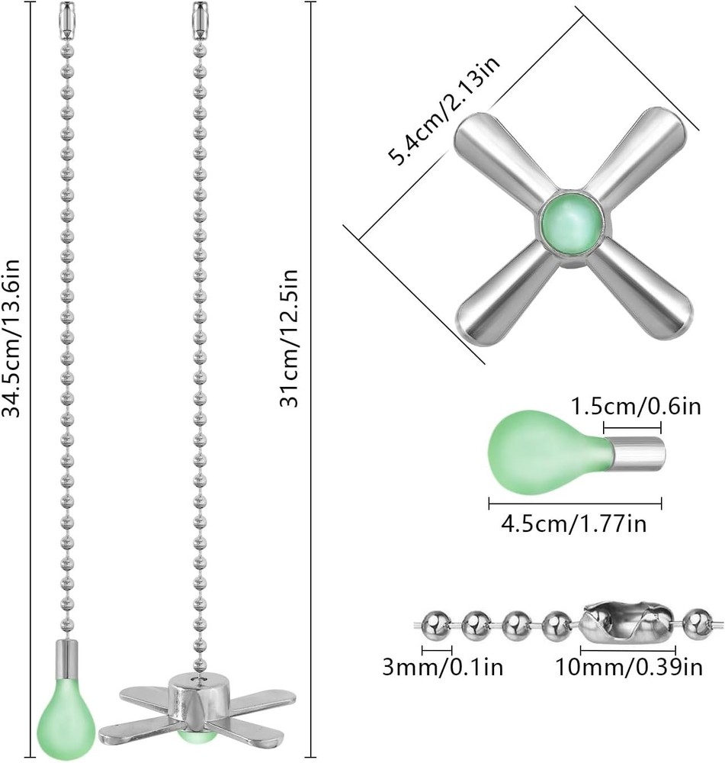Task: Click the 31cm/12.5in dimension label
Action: tap(291, 337)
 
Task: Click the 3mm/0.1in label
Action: tap(443, 668)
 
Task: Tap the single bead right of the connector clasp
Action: tap(694, 623)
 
